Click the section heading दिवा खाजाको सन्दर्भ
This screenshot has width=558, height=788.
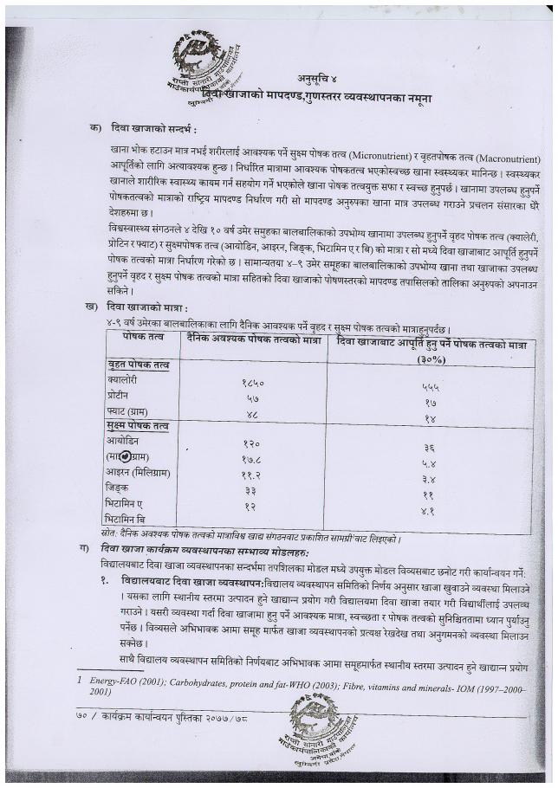[154, 129]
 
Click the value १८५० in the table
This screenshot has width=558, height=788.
[253, 382]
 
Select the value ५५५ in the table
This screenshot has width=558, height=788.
[430, 387]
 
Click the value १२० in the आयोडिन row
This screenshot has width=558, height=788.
[252, 443]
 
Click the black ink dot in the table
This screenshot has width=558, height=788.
[127, 456]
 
